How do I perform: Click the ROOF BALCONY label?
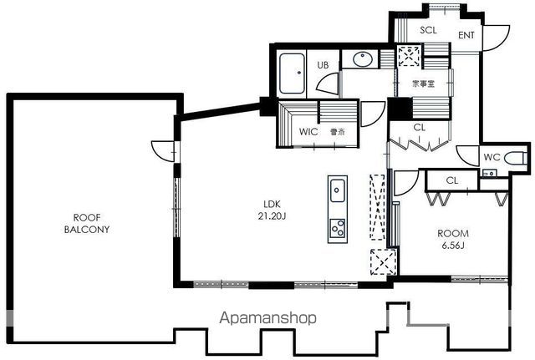87,224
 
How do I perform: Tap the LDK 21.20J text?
272,210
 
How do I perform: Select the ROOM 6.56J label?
453,240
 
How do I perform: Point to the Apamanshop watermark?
267,318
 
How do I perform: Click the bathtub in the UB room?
292,74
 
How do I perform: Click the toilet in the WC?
515,159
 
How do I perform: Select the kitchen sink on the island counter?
338,190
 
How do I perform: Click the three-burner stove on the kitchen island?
338,228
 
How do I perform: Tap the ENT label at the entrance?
466,35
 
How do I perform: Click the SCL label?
428,30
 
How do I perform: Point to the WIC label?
308,132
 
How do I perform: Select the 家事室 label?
423,84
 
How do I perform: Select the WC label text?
492,157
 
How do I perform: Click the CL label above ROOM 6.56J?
452,180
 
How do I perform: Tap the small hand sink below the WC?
489,173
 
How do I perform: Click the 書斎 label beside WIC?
338,132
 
